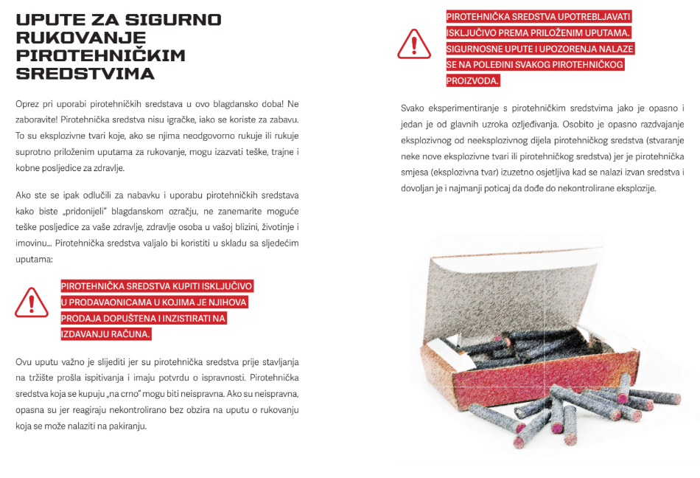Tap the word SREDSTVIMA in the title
coord(85,74)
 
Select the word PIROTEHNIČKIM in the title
coord(100,56)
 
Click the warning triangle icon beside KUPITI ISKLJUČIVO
coord(32,302)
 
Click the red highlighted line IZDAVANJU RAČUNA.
coord(106,334)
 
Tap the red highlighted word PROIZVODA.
coord(473,80)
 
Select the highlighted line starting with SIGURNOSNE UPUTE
coord(540,49)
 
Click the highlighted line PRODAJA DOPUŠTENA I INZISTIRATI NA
coord(144,318)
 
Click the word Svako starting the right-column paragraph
coord(415,108)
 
